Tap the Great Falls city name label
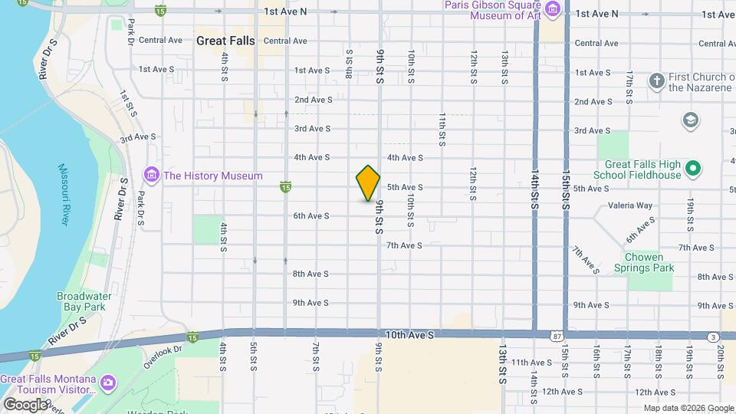pyautogui.click(x=226, y=41)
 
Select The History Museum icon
pyautogui.click(x=151, y=176)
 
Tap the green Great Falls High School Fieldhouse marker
pyautogui.click(x=693, y=168)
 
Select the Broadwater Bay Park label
pyautogui.click(x=87, y=301)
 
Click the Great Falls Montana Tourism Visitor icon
pyautogui.click(x=108, y=382)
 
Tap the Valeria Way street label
pyautogui.click(x=629, y=205)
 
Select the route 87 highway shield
pyautogui.click(x=555, y=336)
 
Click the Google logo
pyautogui.click(x=25, y=403)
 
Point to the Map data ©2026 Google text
pyautogui.click(x=688, y=408)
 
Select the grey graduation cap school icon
pyautogui.click(x=690, y=120)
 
